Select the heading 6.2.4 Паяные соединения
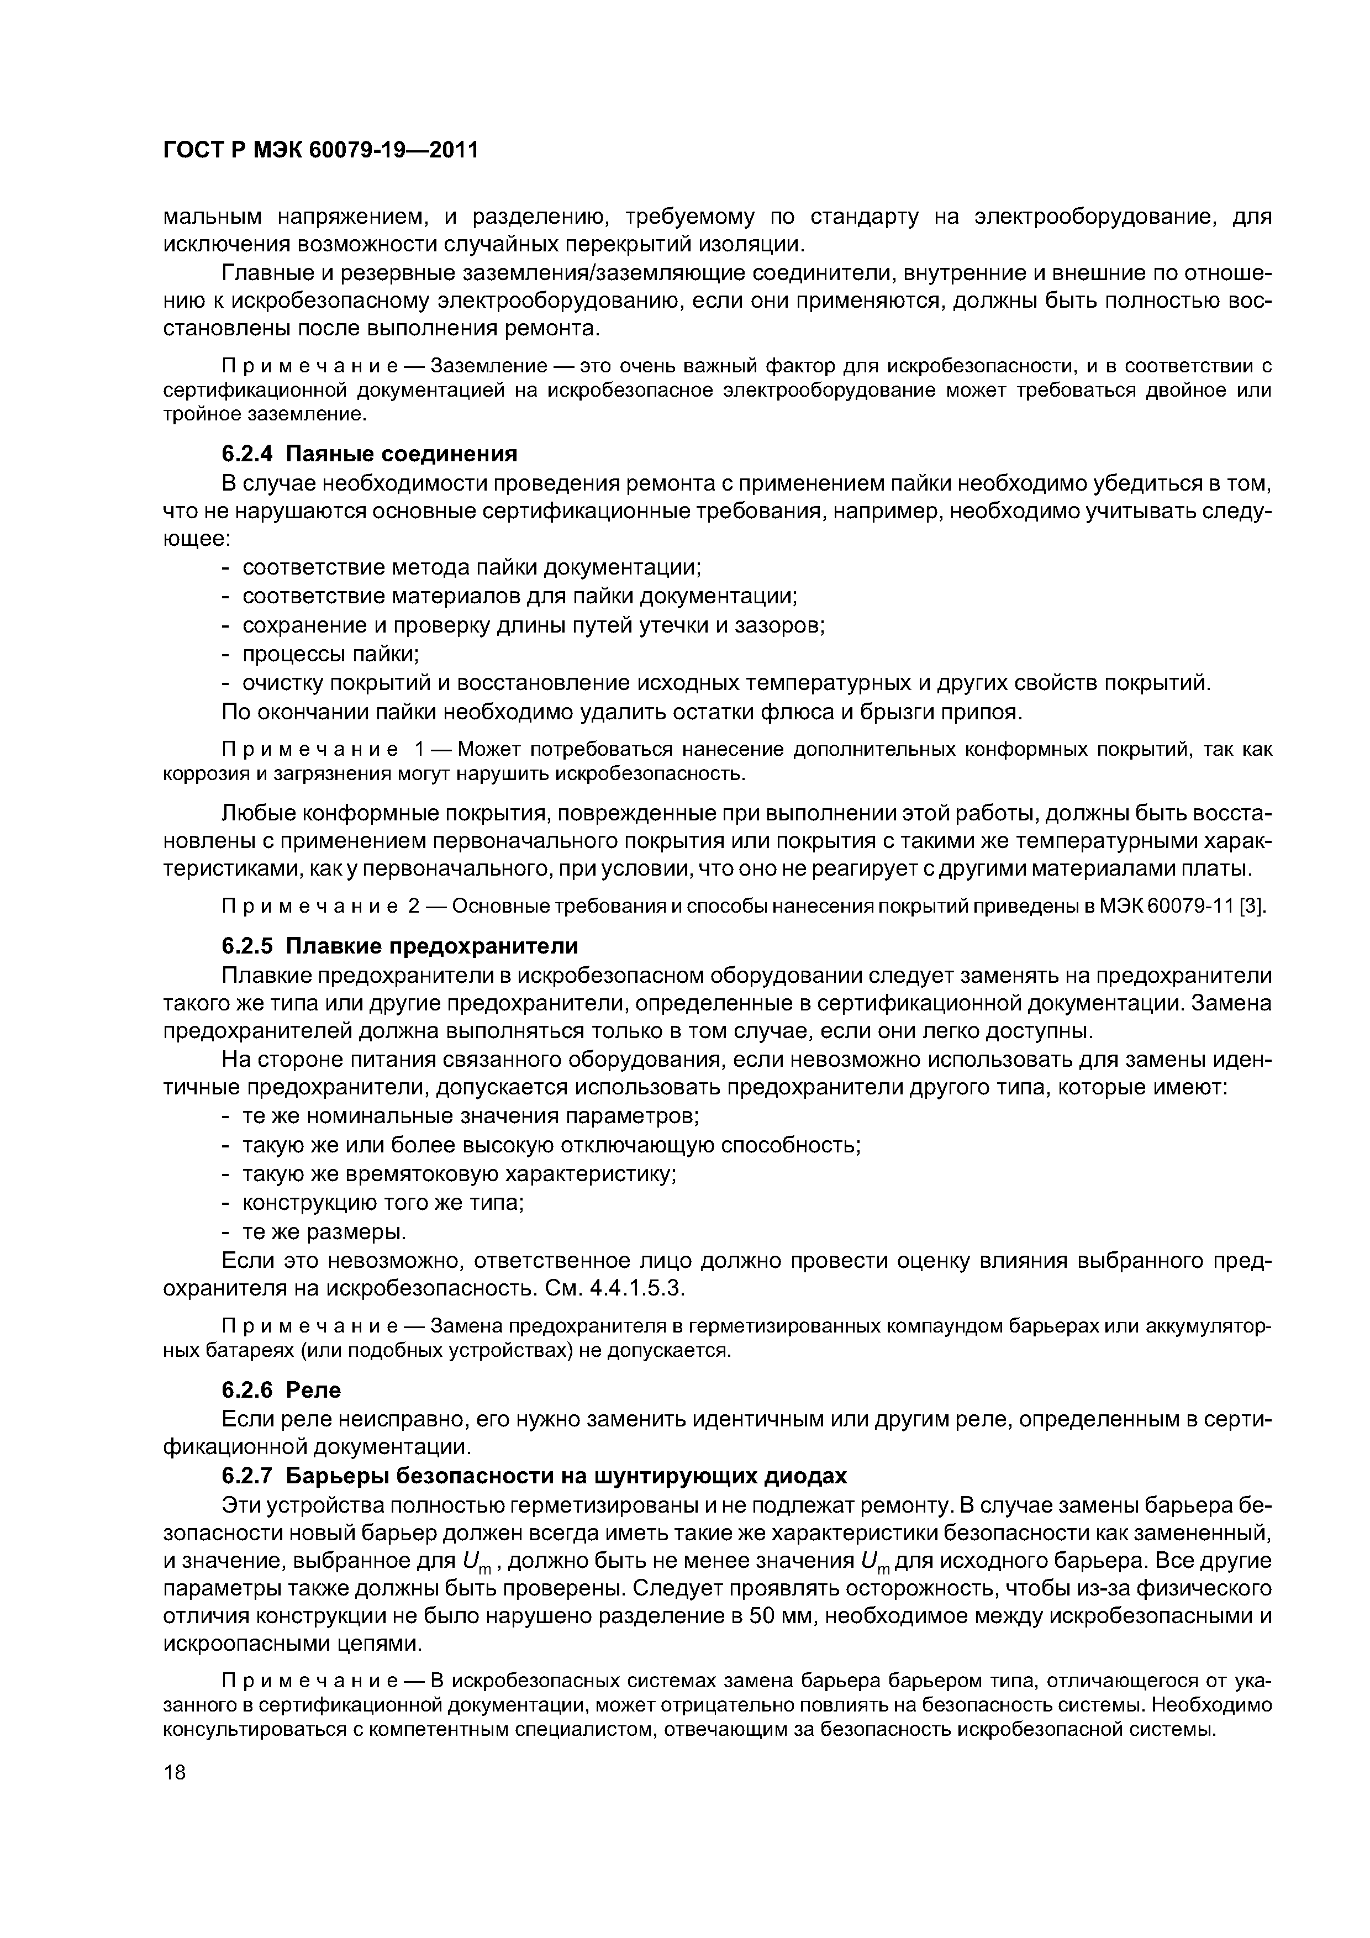tap(369, 454)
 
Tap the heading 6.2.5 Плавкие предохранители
tap(399, 945)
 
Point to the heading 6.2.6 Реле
tap(281, 1388)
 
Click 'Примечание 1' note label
tap(321, 750)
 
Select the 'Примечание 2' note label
tap(321, 907)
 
